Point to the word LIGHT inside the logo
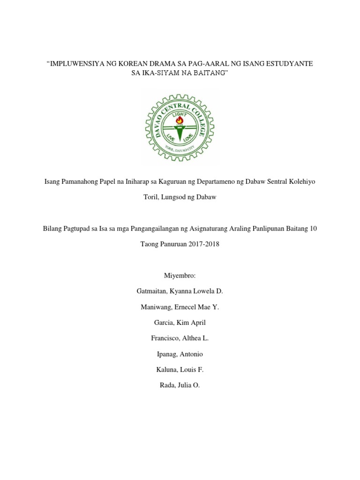tap(179, 114)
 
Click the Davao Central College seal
tap(180, 127)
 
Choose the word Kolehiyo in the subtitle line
tap(302, 181)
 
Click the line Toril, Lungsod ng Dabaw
tap(180, 197)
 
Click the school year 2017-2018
tap(199, 244)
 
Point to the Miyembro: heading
tap(180, 276)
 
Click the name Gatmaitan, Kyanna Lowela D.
tap(180, 291)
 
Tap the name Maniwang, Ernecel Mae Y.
tap(180, 307)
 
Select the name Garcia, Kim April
tap(180, 322)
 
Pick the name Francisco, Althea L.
tap(180, 338)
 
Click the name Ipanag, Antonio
tap(180, 354)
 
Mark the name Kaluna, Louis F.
tap(180, 369)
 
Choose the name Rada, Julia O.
tap(180, 385)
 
